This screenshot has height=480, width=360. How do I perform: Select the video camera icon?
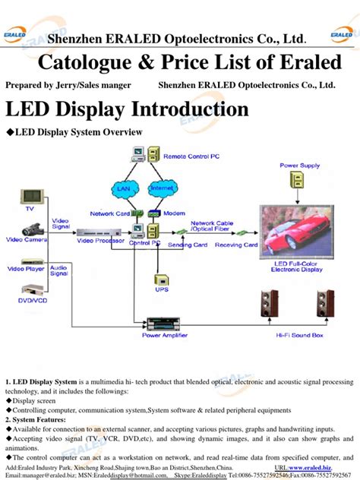(x=30, y=229)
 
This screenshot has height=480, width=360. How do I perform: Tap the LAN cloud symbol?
(x=123, y=188)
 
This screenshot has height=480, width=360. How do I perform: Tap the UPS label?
(x=161, y=289)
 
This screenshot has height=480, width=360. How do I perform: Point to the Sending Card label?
(x=188, y=245)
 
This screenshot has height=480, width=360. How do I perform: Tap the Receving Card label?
(x=235, y=245)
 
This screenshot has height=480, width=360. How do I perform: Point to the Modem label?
(x=174, y=213)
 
